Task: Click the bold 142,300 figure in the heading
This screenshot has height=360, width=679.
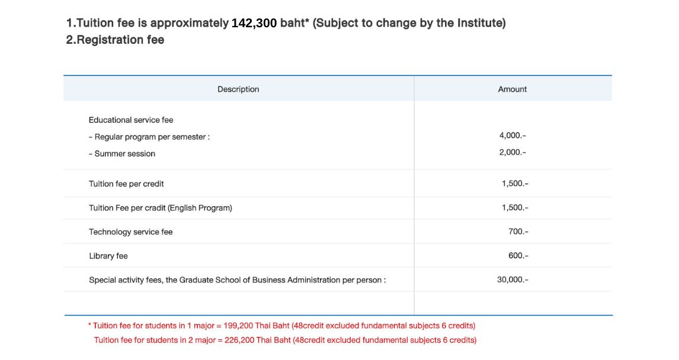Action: (x=254, y=24)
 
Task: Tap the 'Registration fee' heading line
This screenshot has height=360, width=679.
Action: (x=115, y=40)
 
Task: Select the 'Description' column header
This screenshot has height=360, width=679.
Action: (x=238, y=89)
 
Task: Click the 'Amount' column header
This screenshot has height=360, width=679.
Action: (x=512, y=89)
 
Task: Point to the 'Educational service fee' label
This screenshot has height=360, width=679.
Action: (x=131, y=120)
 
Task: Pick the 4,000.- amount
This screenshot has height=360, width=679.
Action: (x=513, y=136)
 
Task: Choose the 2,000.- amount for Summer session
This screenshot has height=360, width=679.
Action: (x=513, y=152)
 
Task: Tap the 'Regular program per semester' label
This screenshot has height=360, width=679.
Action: (x=152, y=137)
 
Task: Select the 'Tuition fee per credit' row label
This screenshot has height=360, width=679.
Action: (x=126, y=184)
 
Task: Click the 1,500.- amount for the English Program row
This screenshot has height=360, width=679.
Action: (x=515, y=208)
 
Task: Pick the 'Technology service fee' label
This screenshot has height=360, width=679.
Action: (x=131, y=232)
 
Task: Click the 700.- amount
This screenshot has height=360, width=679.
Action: (x=518, y=232)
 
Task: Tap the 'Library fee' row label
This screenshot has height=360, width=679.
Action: (x=108, y=256)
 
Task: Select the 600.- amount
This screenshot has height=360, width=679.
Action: (x=518, y=256)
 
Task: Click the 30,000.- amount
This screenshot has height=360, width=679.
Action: (x=513, y=279)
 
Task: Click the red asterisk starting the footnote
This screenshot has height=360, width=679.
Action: (x=90, y=325)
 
